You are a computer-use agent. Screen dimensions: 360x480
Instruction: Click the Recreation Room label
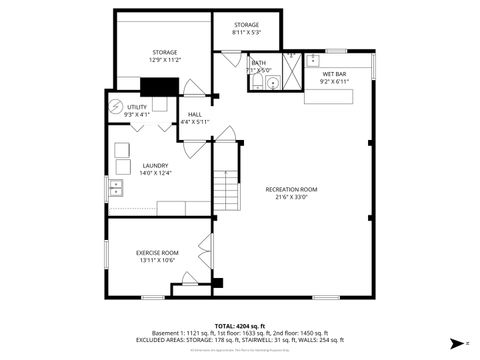point(291,189)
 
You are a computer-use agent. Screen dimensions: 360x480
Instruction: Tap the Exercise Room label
point(157,253)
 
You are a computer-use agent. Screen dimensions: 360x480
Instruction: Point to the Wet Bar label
point(334,74)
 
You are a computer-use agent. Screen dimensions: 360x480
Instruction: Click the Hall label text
point(195,115)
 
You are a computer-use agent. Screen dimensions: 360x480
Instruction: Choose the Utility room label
point(137,107)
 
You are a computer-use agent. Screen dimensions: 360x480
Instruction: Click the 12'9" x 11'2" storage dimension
point(165,60)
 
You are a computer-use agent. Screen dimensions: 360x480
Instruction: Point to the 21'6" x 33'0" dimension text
point(291,197)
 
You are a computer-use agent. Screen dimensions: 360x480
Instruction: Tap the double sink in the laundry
point(116,186)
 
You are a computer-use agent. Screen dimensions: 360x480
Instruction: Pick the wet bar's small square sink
point(312,60)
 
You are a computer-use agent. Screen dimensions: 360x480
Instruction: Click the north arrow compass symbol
point(455,342)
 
